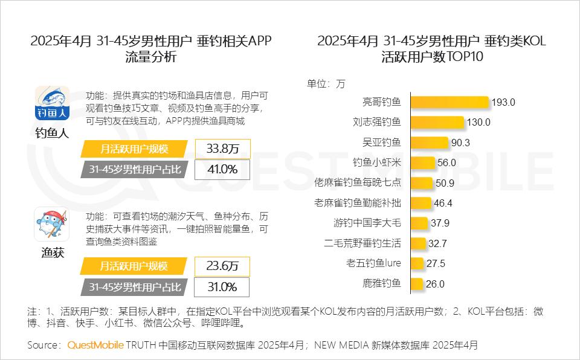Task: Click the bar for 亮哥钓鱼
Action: (449, 102)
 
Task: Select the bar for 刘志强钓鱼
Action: (437, 122)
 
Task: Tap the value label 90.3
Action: (460, 143)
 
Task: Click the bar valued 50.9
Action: (422, 182)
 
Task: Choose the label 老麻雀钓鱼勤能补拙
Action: (358, 203)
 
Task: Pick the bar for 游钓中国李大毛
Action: (419, 223)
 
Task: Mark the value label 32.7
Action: (437, 243)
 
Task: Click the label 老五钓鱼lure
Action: (373, 263)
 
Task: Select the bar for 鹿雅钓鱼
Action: (416, 284)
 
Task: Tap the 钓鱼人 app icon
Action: (52, 103)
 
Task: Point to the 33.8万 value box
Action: (222, 149)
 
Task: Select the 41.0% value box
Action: (222, 170)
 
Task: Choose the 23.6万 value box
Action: (222, 266)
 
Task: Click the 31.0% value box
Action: (222, 287)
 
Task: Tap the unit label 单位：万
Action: (326, 83)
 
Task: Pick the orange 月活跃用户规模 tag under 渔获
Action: (134, 266)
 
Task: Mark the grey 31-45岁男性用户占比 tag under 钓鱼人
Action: (134, 170)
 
